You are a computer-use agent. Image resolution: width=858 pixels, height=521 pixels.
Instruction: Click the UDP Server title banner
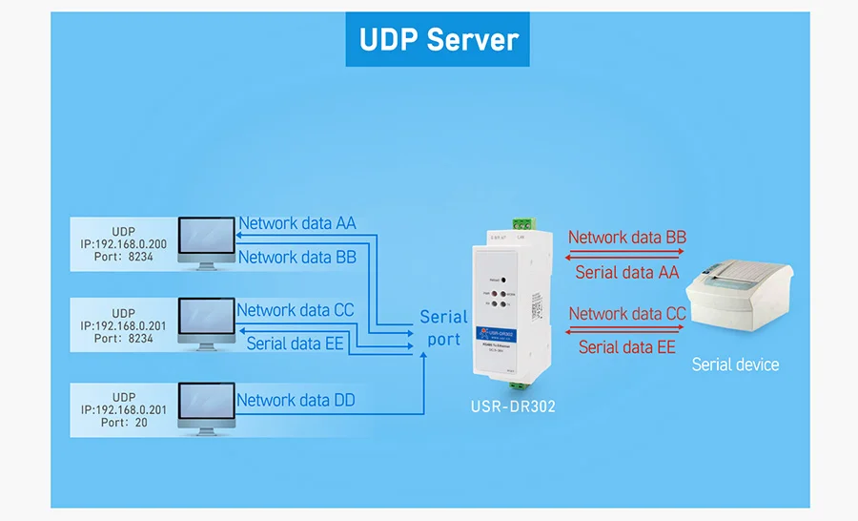pyautogui.click(x=439, y=40)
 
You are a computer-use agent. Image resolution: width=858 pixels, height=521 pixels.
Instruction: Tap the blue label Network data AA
pyautogui.click(x=296, y=223)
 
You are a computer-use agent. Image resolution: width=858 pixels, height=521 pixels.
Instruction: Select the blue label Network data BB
pyautogui.click(x=296, y=257)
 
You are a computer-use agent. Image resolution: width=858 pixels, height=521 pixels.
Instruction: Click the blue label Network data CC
pyautogui.click(x=295, y=310)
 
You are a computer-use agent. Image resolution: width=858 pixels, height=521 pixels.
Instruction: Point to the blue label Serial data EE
pyautogui.click(x=295, y=344)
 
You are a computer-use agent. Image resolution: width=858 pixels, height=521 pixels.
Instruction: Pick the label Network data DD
pyautogui.click(x=296, y=400)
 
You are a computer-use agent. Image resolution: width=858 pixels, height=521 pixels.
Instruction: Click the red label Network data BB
pyautogui.click(x=626, y=237)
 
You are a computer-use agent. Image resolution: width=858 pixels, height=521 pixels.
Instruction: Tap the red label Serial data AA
pyautogui.click(x=626, y=273)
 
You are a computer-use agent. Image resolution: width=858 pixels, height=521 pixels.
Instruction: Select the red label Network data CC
pyautogui.click(x=626, y=313)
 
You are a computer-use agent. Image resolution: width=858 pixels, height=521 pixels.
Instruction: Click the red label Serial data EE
pyautogui.click(x=626, y=347)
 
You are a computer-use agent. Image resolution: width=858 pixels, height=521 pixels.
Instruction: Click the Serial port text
pyautogui.click(x=444, y=327)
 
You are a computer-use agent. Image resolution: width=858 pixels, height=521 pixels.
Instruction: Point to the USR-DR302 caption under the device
pyautogui.click(x=513, y=406)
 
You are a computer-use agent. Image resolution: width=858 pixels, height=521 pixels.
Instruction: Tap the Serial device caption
pyautogui.click(x=735, y=365)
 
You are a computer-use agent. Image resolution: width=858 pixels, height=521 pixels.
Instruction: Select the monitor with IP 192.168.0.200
pyautogui.click(x=205, y=240)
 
